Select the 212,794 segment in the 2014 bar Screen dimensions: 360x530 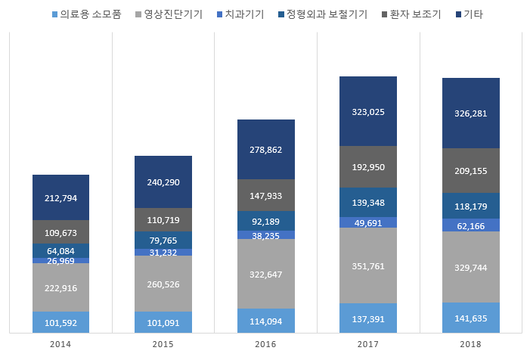(60, 198)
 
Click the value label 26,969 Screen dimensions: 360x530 (60, 261)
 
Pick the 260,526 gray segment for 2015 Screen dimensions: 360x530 (163, 284)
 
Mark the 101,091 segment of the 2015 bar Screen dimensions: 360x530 (163, 321)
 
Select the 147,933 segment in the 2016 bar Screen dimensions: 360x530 (265, 196)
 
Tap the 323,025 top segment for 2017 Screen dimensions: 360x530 (368, 111)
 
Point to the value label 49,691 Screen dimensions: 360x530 (368, 223)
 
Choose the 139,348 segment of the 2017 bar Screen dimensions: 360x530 (368, 203)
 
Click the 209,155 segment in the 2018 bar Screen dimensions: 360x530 (470, 171)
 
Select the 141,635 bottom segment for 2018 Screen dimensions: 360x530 (470, 318)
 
